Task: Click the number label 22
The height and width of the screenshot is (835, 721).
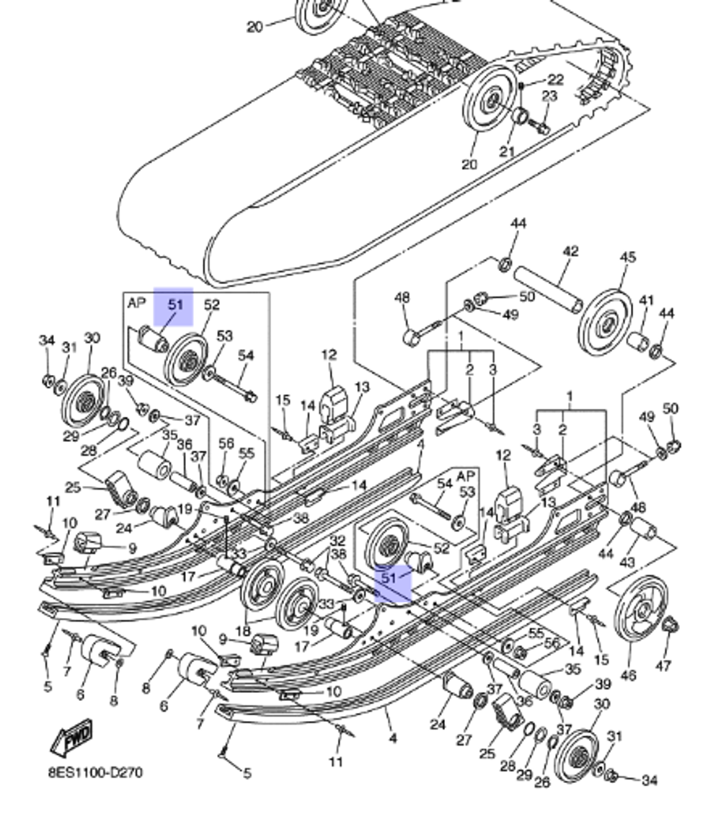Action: [555, 79]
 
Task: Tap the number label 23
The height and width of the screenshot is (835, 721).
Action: [549, 96]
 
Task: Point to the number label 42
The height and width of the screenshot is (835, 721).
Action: [570, 252]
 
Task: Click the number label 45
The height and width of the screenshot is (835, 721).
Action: [628, 257]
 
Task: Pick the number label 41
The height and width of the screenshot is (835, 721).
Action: [646, 300]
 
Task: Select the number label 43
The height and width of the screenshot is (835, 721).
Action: [627, 562]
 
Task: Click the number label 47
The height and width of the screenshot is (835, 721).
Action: [664, 665]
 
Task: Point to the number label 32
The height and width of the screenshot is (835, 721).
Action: [337, 541]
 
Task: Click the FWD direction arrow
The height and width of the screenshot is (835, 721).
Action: [72, 738]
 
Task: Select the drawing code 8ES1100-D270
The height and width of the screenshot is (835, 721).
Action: [95, 773]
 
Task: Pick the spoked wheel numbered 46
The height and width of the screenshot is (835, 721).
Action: [640, 606]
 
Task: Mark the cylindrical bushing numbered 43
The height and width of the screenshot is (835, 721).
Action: [644, 534]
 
